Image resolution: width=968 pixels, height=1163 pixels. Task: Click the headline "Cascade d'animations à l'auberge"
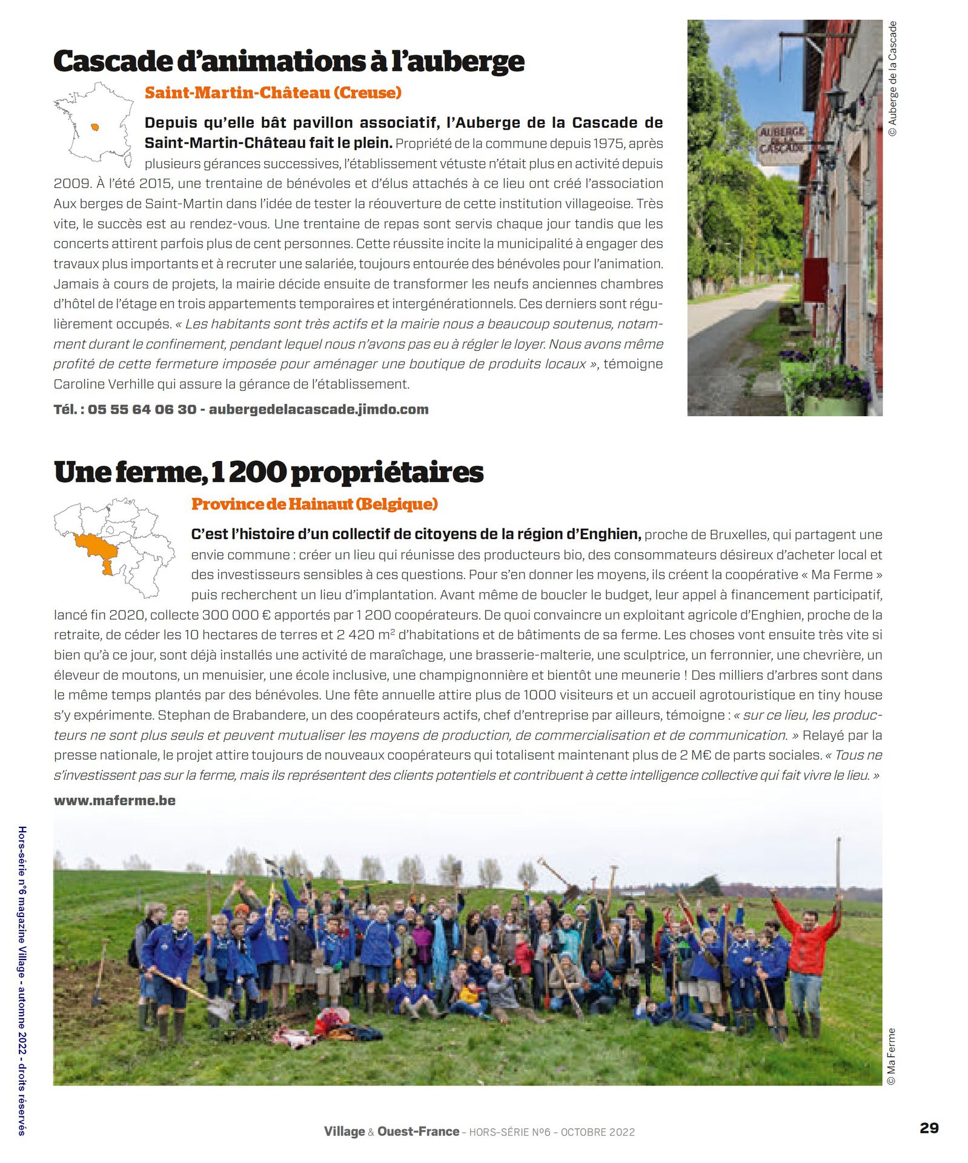(289, 61)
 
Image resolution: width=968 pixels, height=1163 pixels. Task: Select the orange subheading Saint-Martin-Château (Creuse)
(273, 93)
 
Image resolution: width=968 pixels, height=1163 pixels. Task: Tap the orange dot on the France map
(95, 127)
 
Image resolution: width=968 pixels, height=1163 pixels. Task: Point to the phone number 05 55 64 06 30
(142, 409)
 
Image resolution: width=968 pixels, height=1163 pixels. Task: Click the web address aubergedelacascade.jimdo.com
(319, 409)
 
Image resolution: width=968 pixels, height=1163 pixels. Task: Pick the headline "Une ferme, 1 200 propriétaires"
(268, 472)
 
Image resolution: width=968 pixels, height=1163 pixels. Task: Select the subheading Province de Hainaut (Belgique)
(314, 504)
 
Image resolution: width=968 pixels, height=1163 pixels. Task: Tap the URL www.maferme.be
(114, 801)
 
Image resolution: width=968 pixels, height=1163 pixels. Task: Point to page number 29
(929, 1128)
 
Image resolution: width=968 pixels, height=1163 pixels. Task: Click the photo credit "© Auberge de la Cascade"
(892, 79)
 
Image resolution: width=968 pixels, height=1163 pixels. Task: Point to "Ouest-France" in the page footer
(418, 1132)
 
